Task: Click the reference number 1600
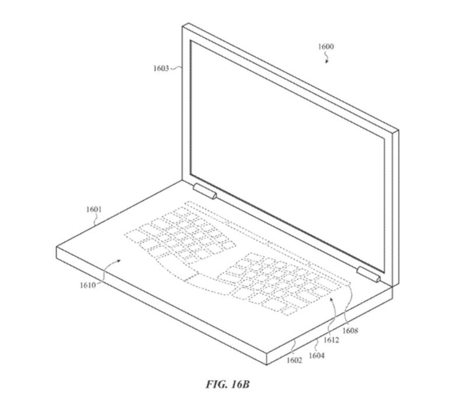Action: [326, 47]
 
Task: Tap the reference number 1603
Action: [161, 68]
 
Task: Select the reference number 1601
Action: [94, 210]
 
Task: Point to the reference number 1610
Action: [88, 285]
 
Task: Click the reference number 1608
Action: [350, 330]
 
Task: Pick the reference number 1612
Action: [331, 340]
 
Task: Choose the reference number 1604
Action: [316, 355]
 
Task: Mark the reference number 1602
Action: [295, 360]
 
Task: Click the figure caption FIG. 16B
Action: [228, 384]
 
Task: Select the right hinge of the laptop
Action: [369, 274]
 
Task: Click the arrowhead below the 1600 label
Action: [327, 62]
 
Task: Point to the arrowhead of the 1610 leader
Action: [119, 260]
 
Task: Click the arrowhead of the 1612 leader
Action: [332, 298]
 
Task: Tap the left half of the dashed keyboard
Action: [180, 234]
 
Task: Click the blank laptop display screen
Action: [287, 156]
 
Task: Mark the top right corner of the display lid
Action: [399, 130]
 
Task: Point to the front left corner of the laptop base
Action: [57, 247]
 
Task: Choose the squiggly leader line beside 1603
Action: [176, 68]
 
